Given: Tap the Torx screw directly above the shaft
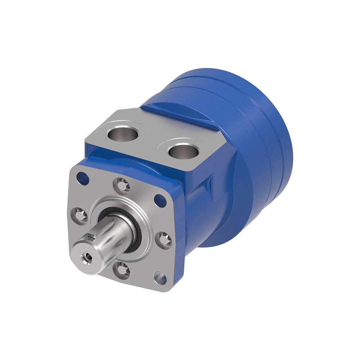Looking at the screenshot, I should coord(122,185).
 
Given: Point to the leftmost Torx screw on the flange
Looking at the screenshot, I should coord(80,215).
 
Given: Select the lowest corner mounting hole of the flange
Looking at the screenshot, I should coord(160,278).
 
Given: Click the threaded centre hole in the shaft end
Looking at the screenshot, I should coord(86,256).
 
